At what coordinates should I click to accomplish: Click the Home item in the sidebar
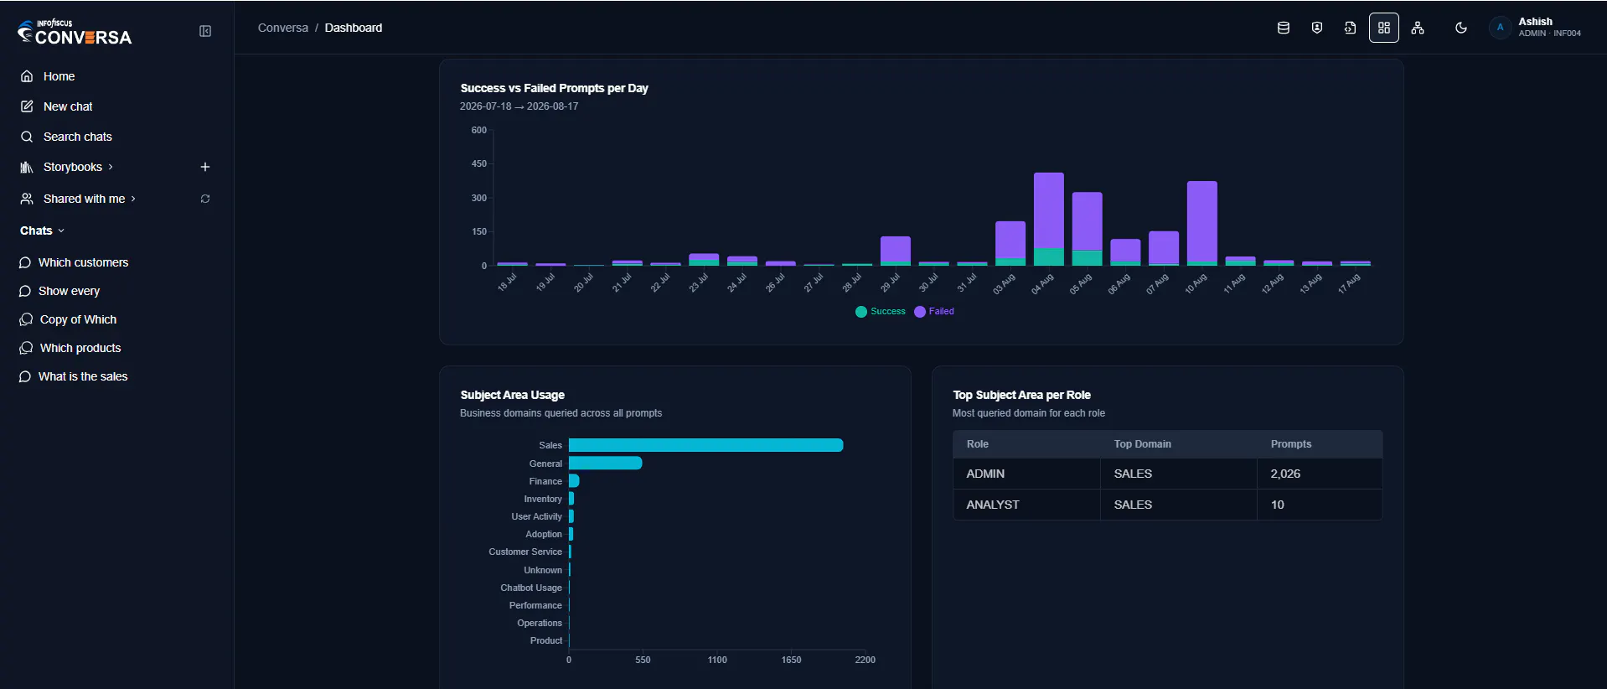48,76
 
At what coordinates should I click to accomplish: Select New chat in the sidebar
56,106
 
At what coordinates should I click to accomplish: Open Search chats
66,137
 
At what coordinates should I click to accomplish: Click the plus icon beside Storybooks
205,167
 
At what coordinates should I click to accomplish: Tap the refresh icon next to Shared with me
205,199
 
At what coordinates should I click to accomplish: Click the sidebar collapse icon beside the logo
205,31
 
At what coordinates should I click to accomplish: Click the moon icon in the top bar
1461,28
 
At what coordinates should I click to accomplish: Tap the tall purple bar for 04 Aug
1049,210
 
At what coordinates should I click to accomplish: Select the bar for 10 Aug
1202,223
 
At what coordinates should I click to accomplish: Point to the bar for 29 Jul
896,251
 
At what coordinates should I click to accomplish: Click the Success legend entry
881,312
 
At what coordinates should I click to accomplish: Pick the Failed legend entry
934,312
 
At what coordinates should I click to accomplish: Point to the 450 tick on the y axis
479,163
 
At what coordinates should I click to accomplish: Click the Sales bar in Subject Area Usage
705,445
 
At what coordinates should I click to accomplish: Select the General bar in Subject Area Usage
605,463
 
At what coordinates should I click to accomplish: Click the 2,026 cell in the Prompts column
1285,474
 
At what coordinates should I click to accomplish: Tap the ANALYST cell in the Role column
993,505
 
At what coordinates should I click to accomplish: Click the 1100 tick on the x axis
717,660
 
